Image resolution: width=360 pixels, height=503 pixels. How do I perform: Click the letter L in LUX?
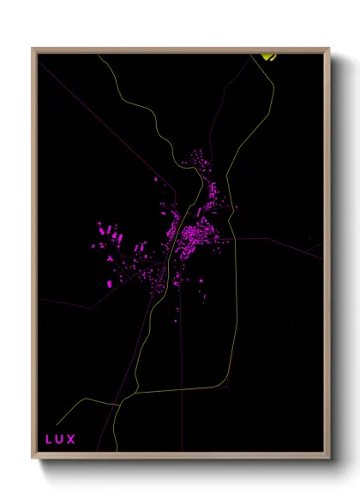[x=49, y=440]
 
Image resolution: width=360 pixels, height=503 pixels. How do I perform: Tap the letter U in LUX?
[x=60, y=440]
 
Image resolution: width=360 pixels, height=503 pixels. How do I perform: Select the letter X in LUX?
[x=72, y=440]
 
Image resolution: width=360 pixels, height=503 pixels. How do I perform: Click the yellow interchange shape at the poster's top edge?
[x=268, y=57]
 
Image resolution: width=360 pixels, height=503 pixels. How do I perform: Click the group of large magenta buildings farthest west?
[x=106, y=231]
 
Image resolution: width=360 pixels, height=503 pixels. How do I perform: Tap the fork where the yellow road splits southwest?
[x=127, y=398]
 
